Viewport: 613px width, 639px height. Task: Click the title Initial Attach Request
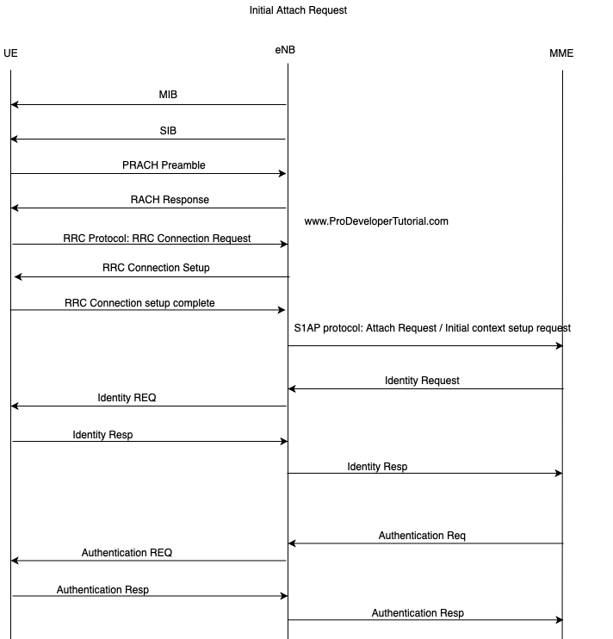298,10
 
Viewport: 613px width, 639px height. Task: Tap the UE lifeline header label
10,53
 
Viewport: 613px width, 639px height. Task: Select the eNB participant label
285,50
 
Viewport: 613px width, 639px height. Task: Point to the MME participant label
561,53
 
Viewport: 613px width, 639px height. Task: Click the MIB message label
168,95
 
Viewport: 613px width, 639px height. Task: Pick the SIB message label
168,131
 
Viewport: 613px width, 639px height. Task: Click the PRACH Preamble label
164,165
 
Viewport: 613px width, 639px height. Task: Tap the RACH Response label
170,200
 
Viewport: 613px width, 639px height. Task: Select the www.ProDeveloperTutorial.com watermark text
376,221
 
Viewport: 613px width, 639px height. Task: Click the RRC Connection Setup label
156,268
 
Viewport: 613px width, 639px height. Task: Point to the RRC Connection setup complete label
139,303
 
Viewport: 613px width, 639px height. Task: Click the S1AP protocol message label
432,328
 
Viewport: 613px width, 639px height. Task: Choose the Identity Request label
422,381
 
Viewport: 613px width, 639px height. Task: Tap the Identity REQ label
127,398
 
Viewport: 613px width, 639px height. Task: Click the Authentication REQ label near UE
127,553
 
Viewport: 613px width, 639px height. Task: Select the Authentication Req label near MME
422,536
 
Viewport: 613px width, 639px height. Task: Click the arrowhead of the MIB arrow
12,105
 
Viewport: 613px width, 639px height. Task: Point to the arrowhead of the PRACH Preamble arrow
285,174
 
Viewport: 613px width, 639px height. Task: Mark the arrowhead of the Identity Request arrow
289,388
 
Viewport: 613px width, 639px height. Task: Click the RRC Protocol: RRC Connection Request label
157,239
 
